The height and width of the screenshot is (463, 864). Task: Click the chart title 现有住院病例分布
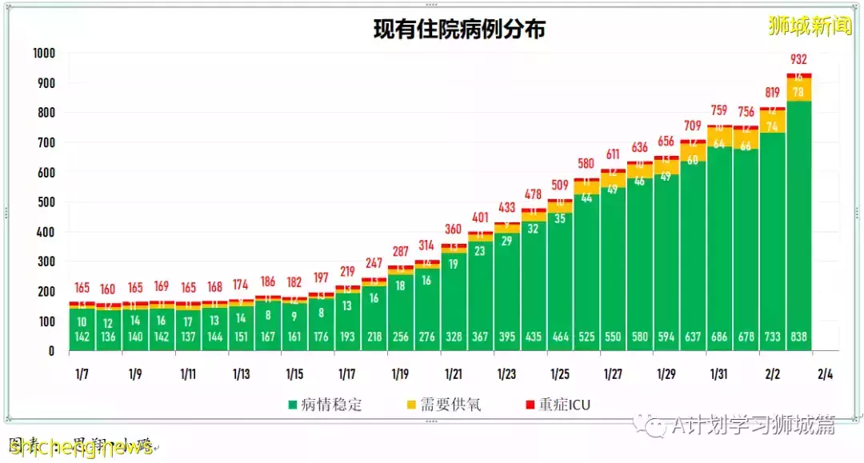pos(459,30)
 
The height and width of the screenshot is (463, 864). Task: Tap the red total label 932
pos(798,59)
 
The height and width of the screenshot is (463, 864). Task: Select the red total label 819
pos(772,93)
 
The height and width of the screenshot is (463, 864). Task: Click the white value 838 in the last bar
pos(798,337)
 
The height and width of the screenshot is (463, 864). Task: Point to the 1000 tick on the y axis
pos(44,53)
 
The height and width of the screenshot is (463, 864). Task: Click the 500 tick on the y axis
pos(46,202)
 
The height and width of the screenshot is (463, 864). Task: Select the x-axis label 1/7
pos(81,373)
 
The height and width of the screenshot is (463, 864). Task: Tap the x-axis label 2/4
pos(825,373)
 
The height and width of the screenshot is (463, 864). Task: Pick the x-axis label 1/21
pos(453,373)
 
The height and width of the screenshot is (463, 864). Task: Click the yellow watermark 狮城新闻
pos(810,26)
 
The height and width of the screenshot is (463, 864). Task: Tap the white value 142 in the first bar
pos(81,337)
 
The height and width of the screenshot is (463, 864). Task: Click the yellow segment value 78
pos(798,92)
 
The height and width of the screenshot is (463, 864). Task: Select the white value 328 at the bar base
pos(453,337)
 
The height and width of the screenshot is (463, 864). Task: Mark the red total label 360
pos(453,229)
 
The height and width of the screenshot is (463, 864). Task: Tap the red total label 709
pos(693,126)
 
